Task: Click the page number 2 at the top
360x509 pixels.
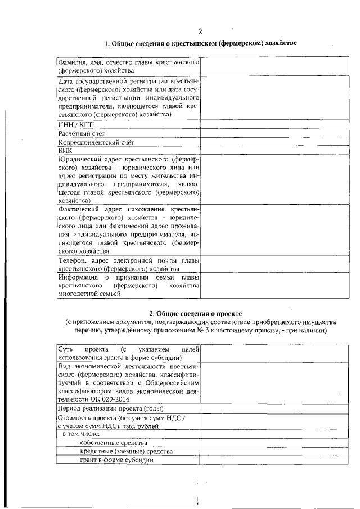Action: [200, 31]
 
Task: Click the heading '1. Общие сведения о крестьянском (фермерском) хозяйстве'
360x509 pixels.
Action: [201, 44]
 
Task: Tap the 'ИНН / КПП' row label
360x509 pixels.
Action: [76, 124]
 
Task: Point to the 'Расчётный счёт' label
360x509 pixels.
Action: [82, 133]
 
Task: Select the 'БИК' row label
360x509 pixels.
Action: [64, 151]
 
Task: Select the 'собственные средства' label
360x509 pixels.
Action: [114, 443]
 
